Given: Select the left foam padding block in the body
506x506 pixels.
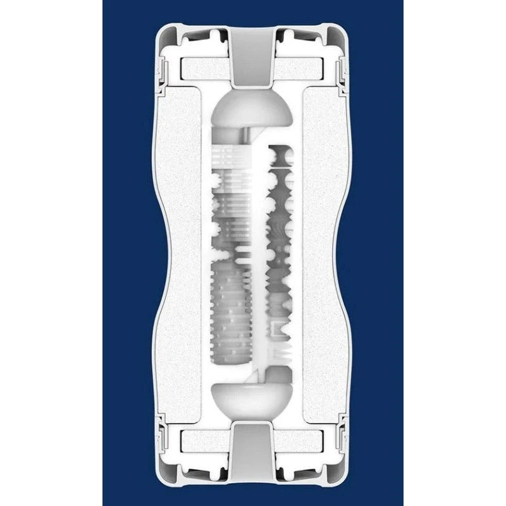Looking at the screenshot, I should pyautogui.click(x=180, y=253).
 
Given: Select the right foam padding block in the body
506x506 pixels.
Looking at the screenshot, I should pyautogui.click(x=326, y=253).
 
